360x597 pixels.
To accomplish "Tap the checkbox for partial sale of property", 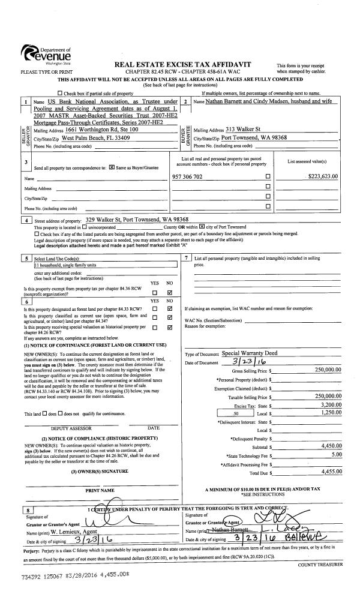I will click(x=59, y=94).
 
